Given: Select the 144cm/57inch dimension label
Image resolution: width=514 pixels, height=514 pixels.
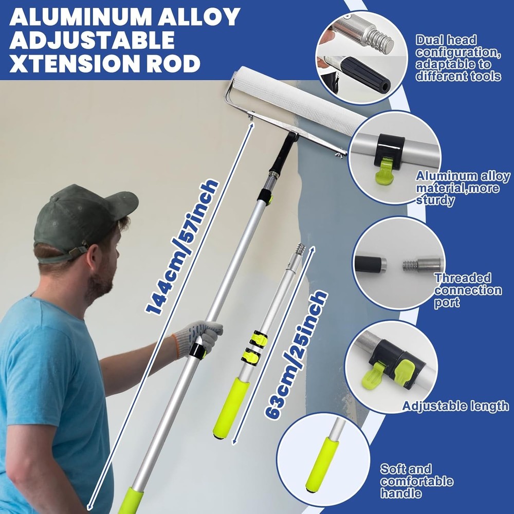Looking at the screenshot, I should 182,247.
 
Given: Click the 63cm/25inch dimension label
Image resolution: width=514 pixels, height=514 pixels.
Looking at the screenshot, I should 296,355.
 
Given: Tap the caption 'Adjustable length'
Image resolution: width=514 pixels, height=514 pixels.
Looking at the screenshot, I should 455,406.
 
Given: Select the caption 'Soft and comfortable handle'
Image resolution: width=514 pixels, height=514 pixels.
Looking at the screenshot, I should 416,481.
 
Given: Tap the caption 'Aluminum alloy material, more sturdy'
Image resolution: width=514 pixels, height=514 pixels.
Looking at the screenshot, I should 463,188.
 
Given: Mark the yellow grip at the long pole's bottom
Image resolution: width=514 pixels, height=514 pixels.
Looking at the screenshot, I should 131,501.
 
